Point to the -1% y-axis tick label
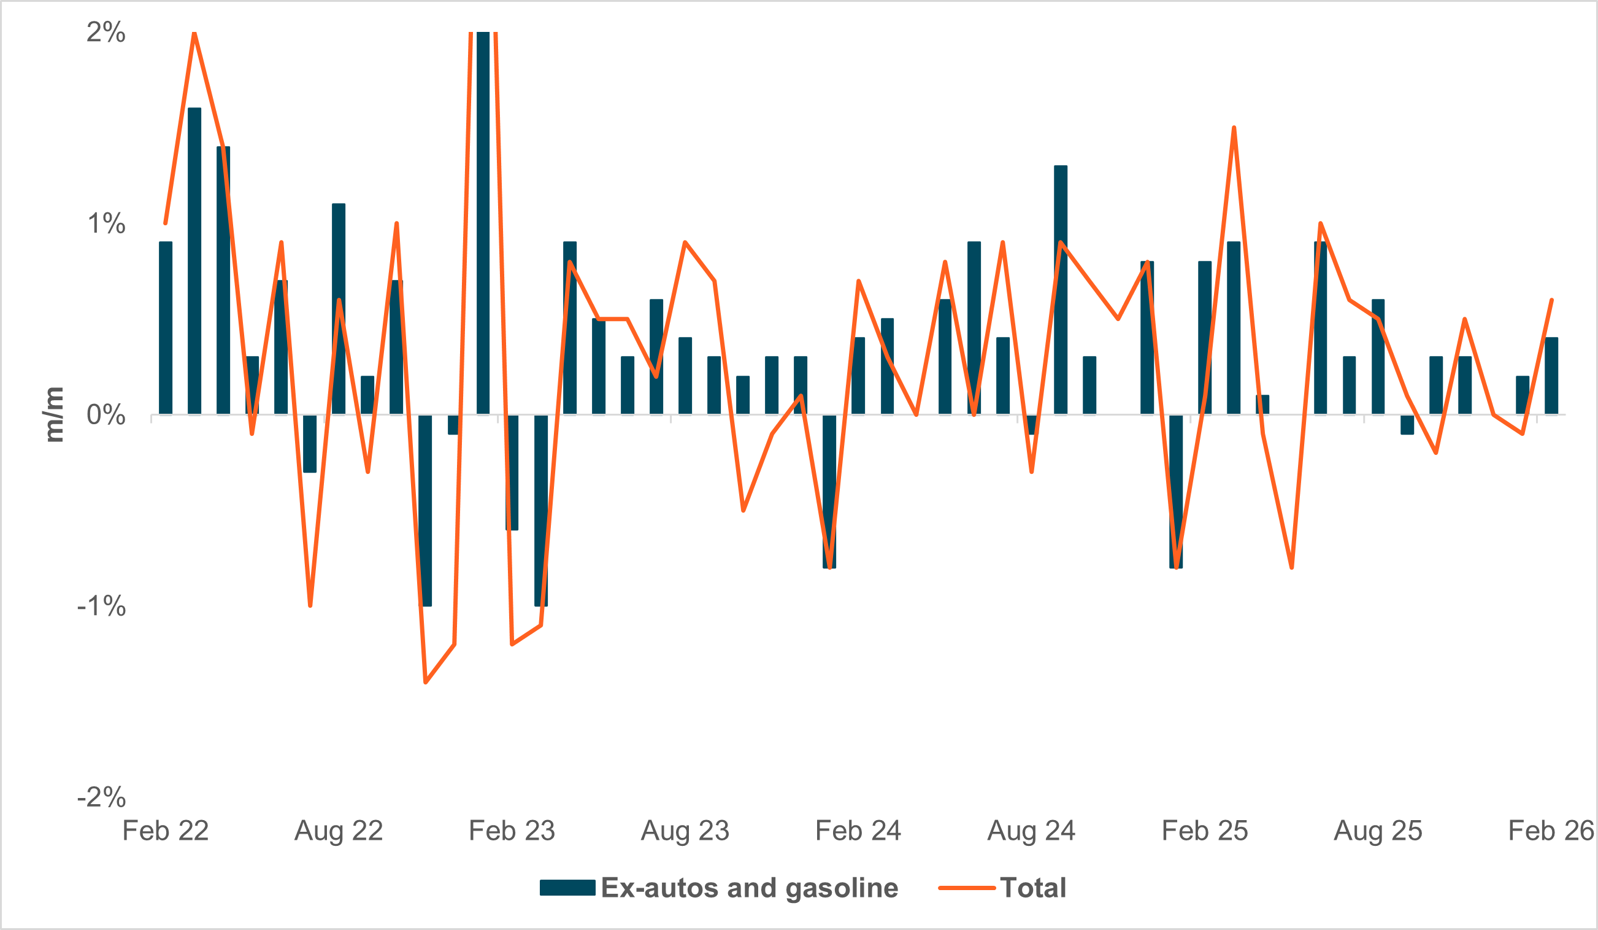101,606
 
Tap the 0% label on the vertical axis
106,415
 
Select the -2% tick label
101,797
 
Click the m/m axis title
55,414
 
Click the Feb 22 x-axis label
166,831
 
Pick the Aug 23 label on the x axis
685,831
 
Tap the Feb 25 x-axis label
1204,831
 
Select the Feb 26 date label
1550,831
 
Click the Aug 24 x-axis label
1031,831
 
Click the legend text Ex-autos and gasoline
749,888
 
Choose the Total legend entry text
1032,888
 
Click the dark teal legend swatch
567,888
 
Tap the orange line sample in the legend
966,888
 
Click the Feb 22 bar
166,328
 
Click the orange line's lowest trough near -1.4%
426,682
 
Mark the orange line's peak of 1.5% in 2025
1234,128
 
